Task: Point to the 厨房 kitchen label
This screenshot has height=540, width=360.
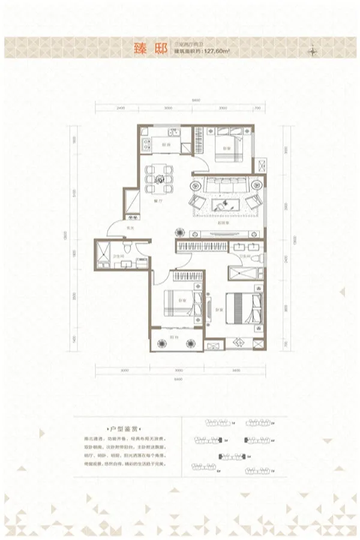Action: click(x=170, y=145)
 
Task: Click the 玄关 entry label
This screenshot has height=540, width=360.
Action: click(x=129, y=227)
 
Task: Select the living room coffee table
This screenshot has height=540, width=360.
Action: click(x=226, y=205)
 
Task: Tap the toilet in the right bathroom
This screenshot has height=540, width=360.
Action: click(x=257, y=258)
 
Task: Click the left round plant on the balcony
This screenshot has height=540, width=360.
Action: click(x=161, y=343)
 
